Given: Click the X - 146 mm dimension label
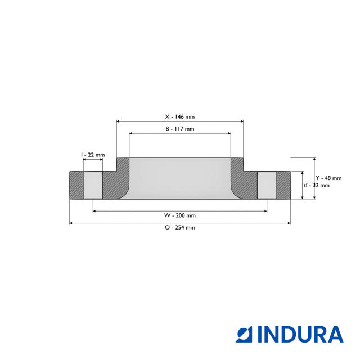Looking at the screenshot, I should pyautogui.click(x=179, y=117).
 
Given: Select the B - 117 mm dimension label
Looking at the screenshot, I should pyautogui.click(x=179, y=129).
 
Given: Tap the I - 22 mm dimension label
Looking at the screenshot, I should pyautogui.click(x=93, y=154).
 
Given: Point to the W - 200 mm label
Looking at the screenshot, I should pyautogui.click(x=180, y=215).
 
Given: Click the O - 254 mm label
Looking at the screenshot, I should pyautogui.click(x=180, y=227).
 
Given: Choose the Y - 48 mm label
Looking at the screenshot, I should pyautogui.click(x=328, y=178).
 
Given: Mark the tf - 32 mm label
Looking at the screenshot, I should pyautogui.click(x=317, y=185).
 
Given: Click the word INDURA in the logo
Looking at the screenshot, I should pyautogui.click(x=300, y=334).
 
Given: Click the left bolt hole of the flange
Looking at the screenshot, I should pyautogui.click(x=93, y=184).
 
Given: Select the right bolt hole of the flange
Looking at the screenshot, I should pyautogui.click(x=267, y=184).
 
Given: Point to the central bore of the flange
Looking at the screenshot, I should pyautogui.click(x=180, y=177).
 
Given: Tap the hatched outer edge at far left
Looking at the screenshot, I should pyautogui.click(x=76, y=184).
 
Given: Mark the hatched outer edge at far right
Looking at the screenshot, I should pyautogui.click(x=283, y=184).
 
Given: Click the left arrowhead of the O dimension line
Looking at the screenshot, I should pyautogui.click(x=71, y=223).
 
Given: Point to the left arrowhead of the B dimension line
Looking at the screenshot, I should pyautogui.click(x=131, y=133).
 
